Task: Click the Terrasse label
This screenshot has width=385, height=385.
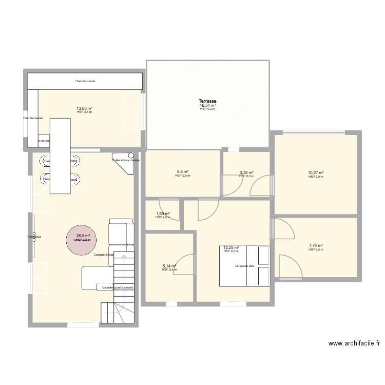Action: pyautogui.click(x=208, y=102)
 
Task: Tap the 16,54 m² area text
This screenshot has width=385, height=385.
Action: pyautogui.click(x=208, y=106)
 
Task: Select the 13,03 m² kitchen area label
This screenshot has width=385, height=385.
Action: pyautogui.click(x=84, y=108)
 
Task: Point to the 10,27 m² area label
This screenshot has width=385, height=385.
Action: pyautogui.click(x=316, y=173)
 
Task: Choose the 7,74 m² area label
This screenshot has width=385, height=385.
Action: pyautogui.click(x=316, y=246)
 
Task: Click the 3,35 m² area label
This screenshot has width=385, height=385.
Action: pyautogui.click(x=246, y=172)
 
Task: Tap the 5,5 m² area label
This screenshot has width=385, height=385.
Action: pyautogui.click(x=182, y=172)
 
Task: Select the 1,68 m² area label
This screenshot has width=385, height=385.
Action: pyautogui.click(x=162, y=214)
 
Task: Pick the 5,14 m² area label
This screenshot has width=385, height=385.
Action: pyautogui.click(x=169, y=266)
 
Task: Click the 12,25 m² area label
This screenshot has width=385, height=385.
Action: pyautogui.click(x=231, y=247)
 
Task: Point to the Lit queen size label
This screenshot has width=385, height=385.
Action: pyautogui.click(x=244, y=266)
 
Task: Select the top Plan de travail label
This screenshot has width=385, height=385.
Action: pyautogui.click(x=85, y=81)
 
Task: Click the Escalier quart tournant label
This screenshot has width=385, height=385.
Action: pyautogui.click(x=118, y=287)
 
